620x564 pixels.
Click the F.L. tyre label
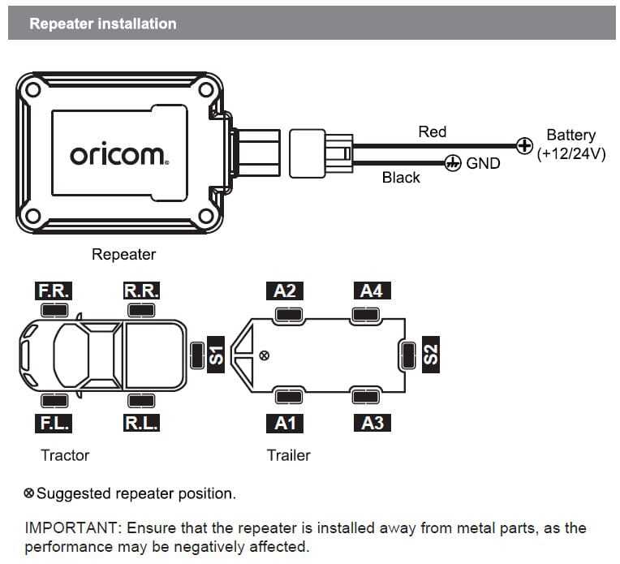(x=54, y=423)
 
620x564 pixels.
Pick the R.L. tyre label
(x=141, y=423)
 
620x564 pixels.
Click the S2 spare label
(x=431, y=354)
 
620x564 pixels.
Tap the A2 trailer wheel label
(x=285, y=291)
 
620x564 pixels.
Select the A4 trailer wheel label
(x=371, y=291)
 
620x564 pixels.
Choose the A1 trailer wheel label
(x=285, y=423)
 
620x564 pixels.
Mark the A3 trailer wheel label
(x=371, y=423)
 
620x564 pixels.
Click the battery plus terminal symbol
(x=524, y=147)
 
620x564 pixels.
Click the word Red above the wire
(x=432, y=131)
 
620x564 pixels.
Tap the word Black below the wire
(x=401, y=178)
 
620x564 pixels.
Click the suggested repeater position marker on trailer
(x=264, y=355)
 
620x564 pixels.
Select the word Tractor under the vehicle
(x=65, y=455)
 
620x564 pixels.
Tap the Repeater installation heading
(x=102, y=24)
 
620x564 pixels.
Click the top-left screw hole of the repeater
(x=32, y=91)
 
